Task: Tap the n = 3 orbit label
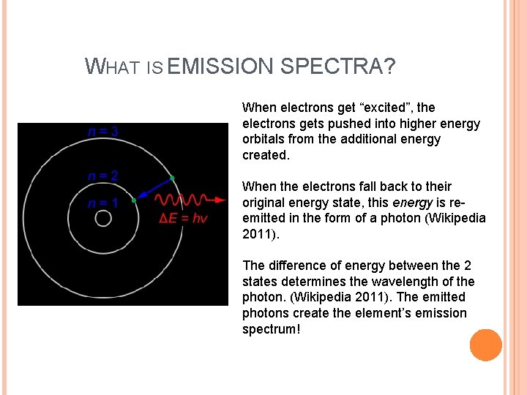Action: pos(103,132)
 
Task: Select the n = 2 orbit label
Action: pos(103,176)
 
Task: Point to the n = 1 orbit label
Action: pos(103,203)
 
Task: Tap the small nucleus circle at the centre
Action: pos(103,219)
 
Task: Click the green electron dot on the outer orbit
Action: pos(172,178)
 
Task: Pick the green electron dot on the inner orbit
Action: pos(133,200)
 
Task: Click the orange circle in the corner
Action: pos(486,345)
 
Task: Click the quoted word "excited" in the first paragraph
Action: pos(407,108)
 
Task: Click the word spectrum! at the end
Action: pos(271,329)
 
